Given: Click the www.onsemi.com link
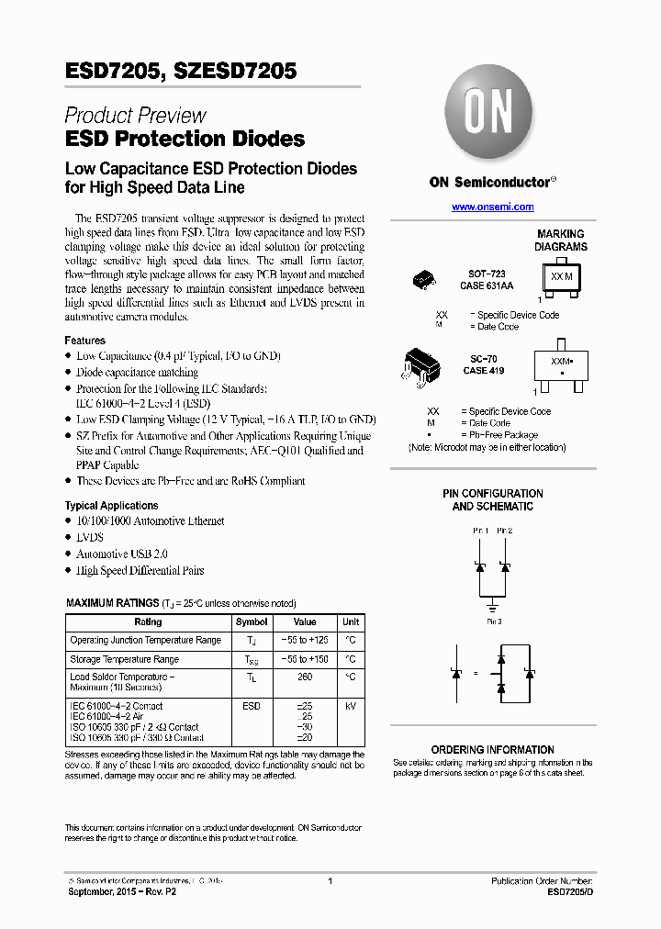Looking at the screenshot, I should pyautogui.click(x=492, y=207).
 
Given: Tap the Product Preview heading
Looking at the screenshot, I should pyautogui.click(x=135, y=116).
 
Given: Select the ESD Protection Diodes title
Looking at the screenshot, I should pyautogui.click(x=185, y=140).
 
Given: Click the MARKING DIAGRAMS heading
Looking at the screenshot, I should pyautogui.click(x=561, y=241).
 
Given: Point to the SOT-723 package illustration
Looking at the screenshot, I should pyautogui.click(x=424, y=278).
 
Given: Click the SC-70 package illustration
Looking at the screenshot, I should pyautogui.click(x=421, y=365).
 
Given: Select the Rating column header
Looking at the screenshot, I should pyautogui.click(x=148, y=621).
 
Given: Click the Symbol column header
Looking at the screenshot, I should pyautogui.click(x=252, y=621).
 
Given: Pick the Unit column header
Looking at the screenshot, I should pyautogui.click(x=351, y=621).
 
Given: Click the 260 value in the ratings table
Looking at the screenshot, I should pyautogui.click(x=305, y=677).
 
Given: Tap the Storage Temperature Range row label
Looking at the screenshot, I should pyautogui.click(x=124, y=659).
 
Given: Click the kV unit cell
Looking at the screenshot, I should pyautogui.click(x=351, y=706).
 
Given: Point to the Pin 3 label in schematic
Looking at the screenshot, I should pyautogui.click(x=493, y=621).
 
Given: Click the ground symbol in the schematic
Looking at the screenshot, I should pyautogui.click(x=493, y=607).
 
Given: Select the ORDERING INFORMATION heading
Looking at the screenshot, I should pyautogui.click(x=492, y=750).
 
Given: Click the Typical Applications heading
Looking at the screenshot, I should pyautogui.click(x=111, y=506).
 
